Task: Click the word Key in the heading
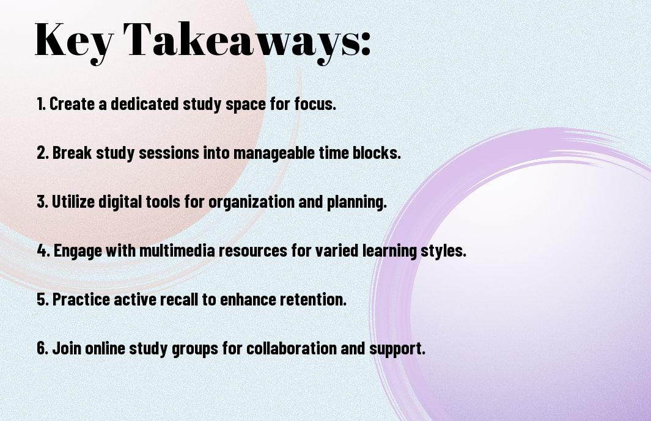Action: coord(74,41)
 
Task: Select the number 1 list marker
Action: coord(41,104)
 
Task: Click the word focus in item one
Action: coord(315,104)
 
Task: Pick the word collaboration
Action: coord(292,348)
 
